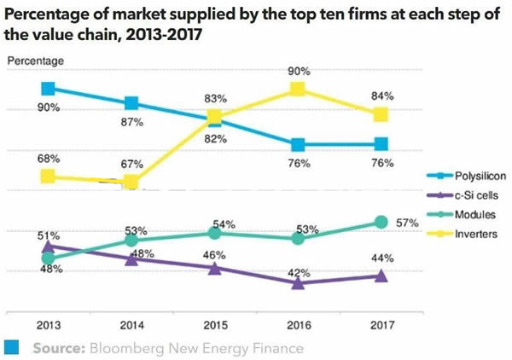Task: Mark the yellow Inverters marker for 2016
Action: click(x=298, y=90)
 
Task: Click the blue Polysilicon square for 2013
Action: click(x=49, y=88)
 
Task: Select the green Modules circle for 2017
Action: click(x=381, y=223)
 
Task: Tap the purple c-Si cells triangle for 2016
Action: click(x=298, y=282)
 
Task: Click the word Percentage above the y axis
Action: click(x=36, y=61)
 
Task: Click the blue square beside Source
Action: click(x=12, y=347)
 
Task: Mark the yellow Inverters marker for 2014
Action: click(x=131, y=182)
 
